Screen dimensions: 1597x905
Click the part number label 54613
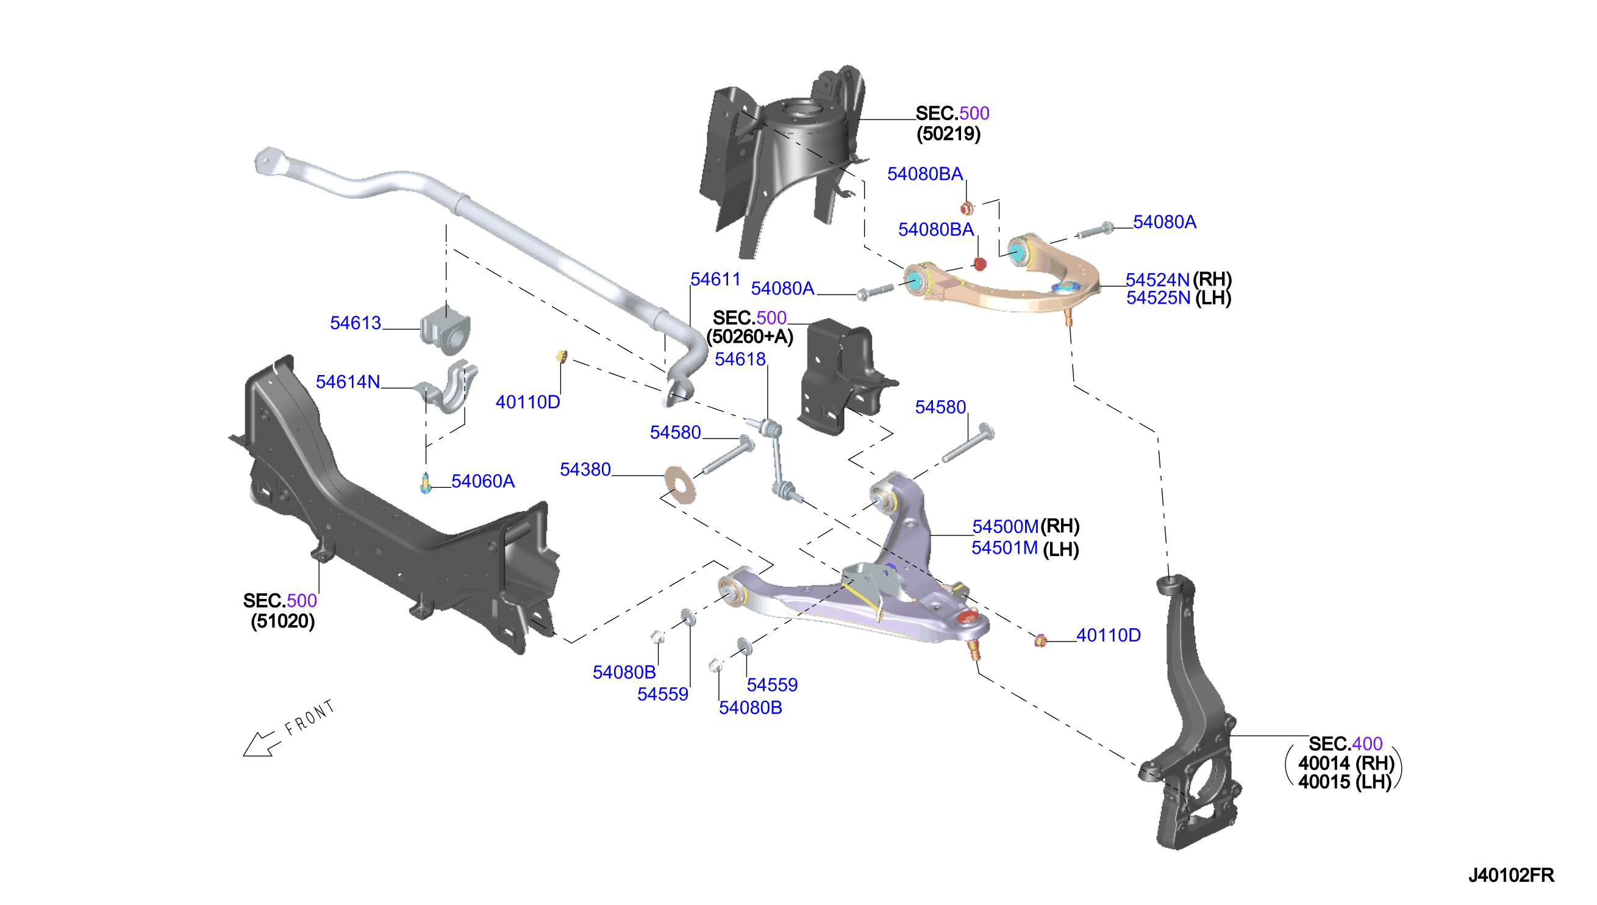355,323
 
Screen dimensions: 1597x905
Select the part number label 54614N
348,382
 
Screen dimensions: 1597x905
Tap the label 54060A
483,481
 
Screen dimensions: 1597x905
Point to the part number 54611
715,280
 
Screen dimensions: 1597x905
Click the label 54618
740,359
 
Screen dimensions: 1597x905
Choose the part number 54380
585,470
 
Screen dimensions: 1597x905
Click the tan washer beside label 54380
680,483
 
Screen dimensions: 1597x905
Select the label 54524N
1158,280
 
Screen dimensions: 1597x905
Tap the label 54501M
1005,548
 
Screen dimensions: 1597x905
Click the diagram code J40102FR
1511,875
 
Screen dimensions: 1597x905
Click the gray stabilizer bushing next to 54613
446,329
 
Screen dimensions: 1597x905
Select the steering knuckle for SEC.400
1190,715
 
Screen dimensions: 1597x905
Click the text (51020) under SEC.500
283,621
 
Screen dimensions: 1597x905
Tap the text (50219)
948,134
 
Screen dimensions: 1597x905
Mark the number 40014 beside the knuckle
1324,763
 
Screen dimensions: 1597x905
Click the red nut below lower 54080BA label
980,264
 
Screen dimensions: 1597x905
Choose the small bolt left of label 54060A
426,484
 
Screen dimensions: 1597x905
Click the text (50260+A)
750,337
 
